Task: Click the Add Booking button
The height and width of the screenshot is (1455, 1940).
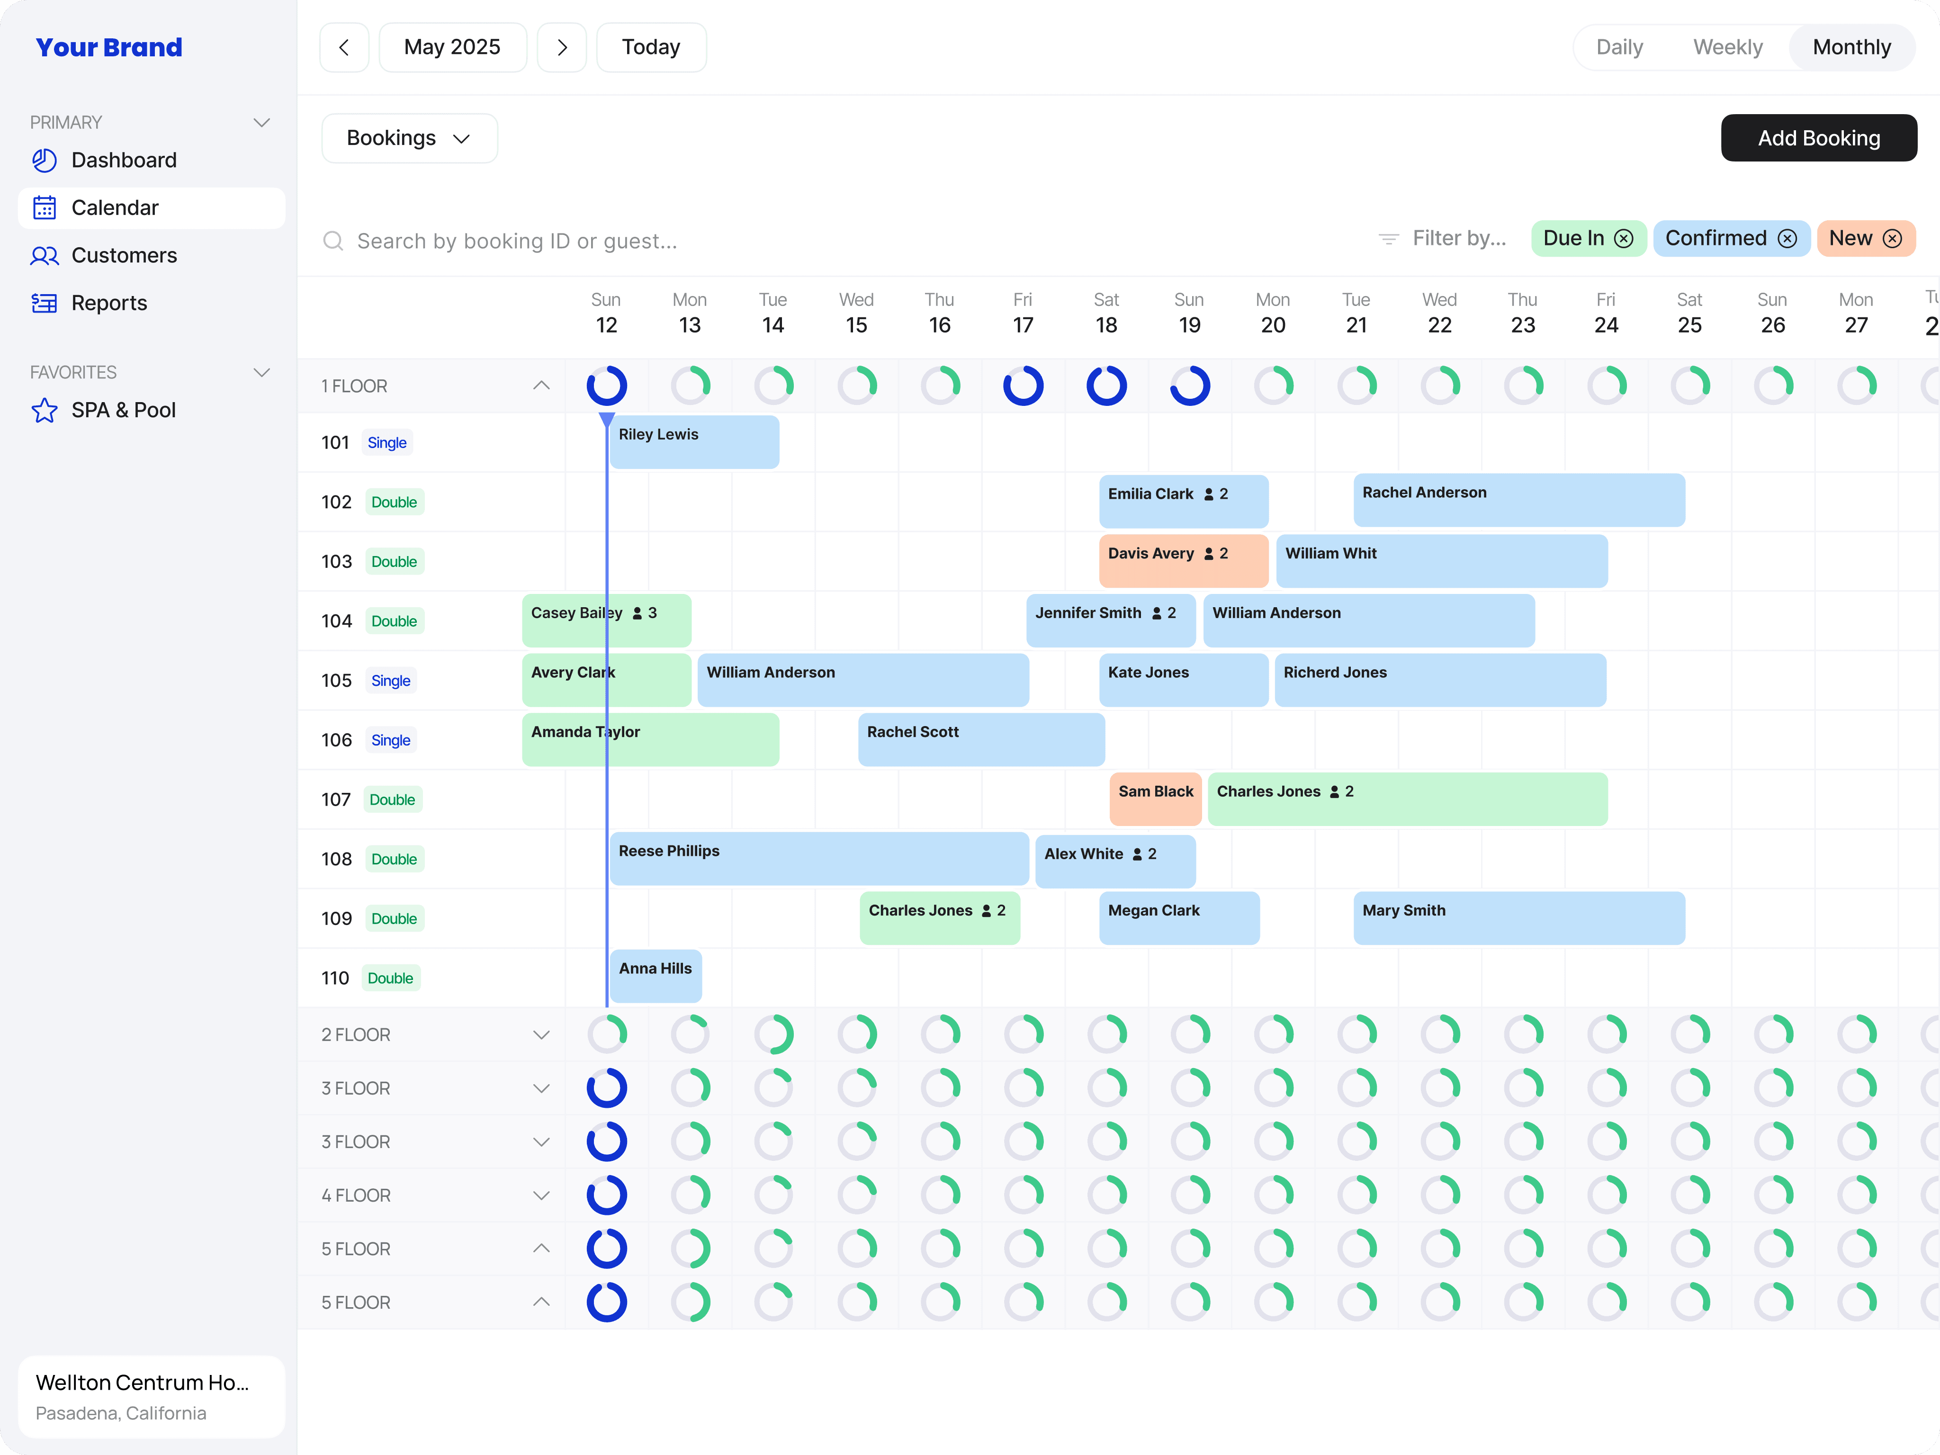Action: [1818, 138]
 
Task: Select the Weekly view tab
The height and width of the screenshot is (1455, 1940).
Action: [1727, 47]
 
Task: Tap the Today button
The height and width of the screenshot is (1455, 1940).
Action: [651, 47]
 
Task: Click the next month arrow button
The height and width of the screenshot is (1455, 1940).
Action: [562, 47]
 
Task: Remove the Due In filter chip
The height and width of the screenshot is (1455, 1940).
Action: [1624, 239]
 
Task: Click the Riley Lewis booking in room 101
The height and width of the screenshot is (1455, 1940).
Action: [694, 442]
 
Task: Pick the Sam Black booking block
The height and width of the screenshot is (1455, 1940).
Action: [1155, 799]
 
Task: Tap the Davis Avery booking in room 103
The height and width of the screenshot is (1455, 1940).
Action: [1183, 560]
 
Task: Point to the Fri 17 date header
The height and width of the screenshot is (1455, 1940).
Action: [1023, 313]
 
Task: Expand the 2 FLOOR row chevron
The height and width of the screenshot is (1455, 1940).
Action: [541, 1035]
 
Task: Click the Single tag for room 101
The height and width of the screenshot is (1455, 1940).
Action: [387, 443]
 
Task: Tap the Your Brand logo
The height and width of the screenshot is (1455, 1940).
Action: [109, 47]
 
